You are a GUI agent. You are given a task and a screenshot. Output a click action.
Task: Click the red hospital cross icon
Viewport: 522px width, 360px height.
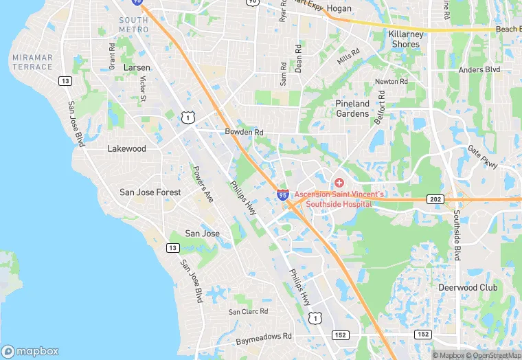coord(339,183)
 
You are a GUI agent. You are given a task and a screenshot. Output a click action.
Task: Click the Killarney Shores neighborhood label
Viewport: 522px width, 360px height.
coord(405,39)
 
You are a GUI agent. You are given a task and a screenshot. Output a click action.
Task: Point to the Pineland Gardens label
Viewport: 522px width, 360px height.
coord(352,109)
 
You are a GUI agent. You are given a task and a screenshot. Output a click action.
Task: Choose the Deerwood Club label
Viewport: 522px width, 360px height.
coord(468,287)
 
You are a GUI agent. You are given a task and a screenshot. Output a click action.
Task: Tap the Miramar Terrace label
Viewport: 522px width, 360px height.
coord(32,62)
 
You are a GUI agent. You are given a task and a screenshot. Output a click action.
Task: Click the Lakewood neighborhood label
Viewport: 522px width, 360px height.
coord(127,148)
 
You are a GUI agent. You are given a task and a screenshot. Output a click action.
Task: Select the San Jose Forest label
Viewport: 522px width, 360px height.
coord(150,192)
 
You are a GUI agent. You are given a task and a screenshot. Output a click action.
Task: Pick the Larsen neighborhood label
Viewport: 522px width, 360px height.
coord(136,68)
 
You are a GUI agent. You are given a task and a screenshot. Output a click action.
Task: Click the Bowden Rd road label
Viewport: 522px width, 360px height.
coord(244,132)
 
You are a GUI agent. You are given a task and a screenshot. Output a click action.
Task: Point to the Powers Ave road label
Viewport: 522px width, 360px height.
coord(203,184)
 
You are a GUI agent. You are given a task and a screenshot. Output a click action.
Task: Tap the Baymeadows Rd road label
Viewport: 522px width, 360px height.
coord(264,339)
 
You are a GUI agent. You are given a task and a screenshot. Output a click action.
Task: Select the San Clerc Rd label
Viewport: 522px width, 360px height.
coord(248,311)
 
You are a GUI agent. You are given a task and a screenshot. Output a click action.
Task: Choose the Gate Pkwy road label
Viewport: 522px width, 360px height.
coord(482,153)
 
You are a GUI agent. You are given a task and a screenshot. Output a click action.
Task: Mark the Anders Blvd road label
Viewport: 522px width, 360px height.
coord(479,69)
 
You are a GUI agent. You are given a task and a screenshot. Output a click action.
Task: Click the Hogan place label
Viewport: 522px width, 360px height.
coord(339,9)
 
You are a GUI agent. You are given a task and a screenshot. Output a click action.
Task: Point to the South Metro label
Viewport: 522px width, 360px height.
coord(133,25)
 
